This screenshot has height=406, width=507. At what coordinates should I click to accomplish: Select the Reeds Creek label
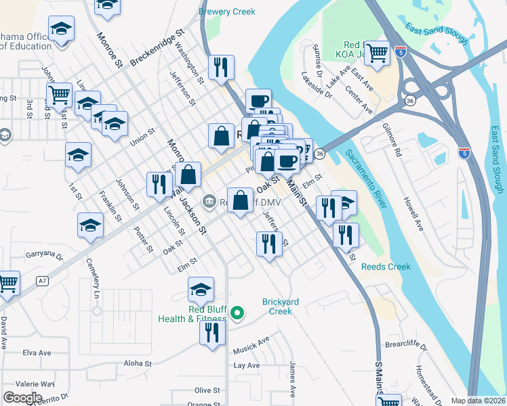pos(386,267)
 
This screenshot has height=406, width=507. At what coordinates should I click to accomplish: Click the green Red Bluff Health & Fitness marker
pos(237,313)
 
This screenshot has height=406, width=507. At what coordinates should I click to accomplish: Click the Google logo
pos(23,397)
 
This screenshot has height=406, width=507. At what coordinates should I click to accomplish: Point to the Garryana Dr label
pos(44,256)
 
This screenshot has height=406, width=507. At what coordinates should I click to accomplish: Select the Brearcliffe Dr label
pos(406,346)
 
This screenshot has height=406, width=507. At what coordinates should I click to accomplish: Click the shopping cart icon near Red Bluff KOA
pos(378,52)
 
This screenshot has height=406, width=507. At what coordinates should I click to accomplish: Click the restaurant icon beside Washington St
pos(221,67)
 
